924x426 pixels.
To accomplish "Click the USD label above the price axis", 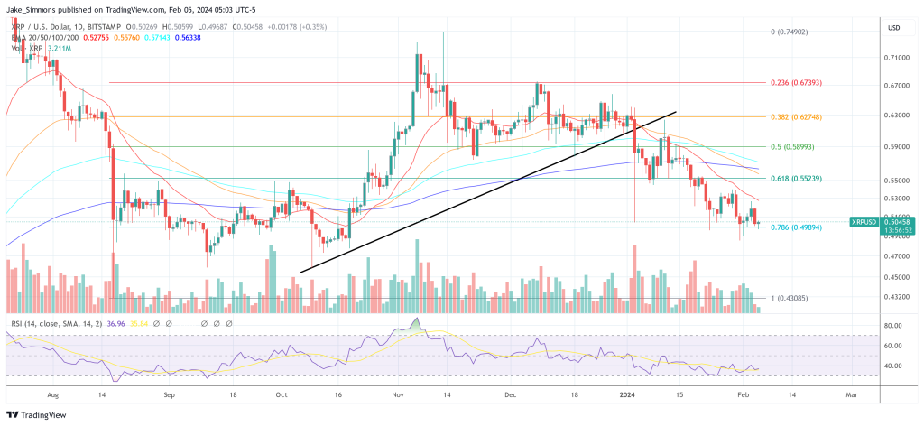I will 895,28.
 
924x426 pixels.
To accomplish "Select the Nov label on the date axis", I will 398,395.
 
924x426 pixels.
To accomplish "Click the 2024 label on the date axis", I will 631,395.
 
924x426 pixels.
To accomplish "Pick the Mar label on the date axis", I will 850,395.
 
